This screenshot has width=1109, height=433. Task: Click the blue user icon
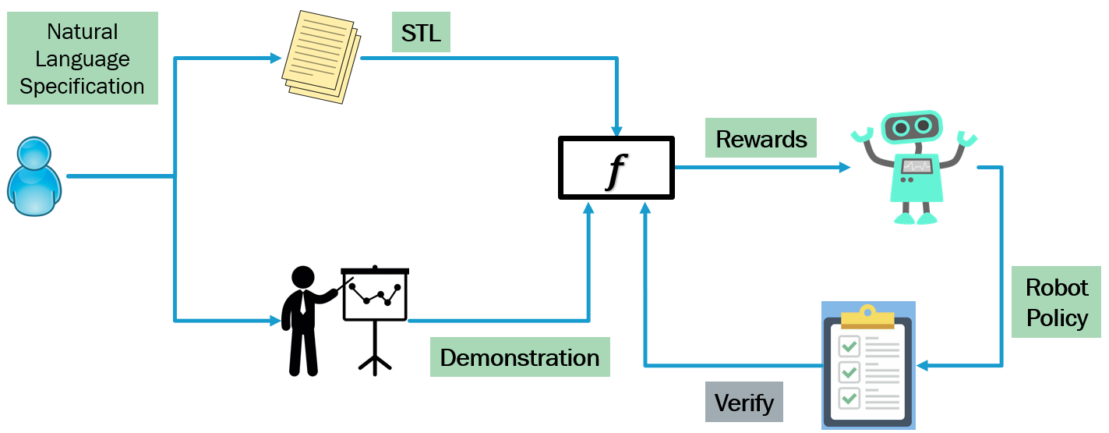[34, 176]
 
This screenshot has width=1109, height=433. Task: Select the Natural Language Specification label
[82, 59]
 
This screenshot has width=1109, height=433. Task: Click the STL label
[421, 34]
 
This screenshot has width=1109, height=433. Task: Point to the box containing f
[616, 167]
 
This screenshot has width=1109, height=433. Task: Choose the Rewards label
[761, 139]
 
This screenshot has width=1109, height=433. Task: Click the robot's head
[911, 126]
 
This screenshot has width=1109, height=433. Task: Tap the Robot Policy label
[1056, 302]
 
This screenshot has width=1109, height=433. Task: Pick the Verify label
[743, 403]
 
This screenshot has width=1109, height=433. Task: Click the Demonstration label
[520, 358]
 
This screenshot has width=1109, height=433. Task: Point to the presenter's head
[302, 277]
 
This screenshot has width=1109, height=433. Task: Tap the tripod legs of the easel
[375, 360]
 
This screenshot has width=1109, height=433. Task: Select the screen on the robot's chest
[916, 165]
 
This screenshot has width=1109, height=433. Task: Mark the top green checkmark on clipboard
[849, 345]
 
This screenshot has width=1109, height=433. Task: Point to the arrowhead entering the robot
[845, 167]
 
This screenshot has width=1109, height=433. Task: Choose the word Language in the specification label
[82, 59]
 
